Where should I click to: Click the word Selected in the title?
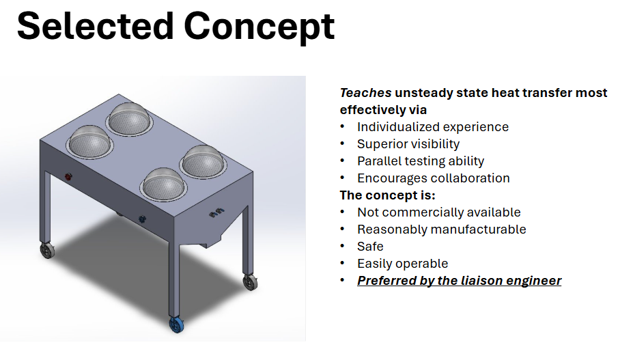pyautogui.click(x=96, y=26)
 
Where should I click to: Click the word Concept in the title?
pyautogui.click(x=259, y=27)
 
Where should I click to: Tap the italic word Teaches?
pyautogui.click(x=365, y=93)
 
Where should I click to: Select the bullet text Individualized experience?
pyautogui.click(x=433, y=127)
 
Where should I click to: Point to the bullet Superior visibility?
pyautogui.click(x=408, y=144)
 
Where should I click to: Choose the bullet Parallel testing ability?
pyautogui.click(x=421, y=161)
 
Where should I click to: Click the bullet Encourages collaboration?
pyautogui.click(x=434, y=178)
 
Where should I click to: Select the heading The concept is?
pyautogui.click(x=387, y=195)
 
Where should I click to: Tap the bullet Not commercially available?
pyautogui.click(x=438, y=212)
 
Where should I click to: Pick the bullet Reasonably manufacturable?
pyautogui.click(x=441, y=229)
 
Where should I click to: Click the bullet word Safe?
pyautogui.click(x=370, y=247)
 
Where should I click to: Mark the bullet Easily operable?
pyautogui.click(x=402, y=264)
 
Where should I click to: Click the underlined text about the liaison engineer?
pyautogui.click(x=459, y=280)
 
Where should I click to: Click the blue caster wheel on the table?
pyautogui.click(x=177, y=324)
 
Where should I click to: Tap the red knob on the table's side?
pyautogui.click(x=68, y=177)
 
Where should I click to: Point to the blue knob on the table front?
pyautogui.click(x=142, y=218)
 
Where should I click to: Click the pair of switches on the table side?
pyautogui.click(x=216, y=212)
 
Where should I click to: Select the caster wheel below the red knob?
pyautogui.click(x=47, y=250)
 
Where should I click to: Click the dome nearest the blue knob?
pyautogui.click(x=165, y=184)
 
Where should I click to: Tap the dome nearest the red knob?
pyautogui.click(x=91, y=142)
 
